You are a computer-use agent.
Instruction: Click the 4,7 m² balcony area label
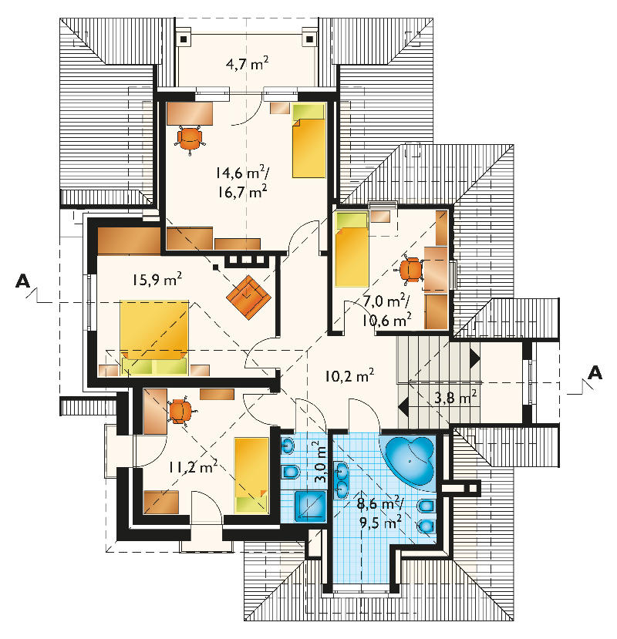pos(247,63)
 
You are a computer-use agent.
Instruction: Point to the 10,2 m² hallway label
pos(349,375)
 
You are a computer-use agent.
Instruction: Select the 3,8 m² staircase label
pos(456,396)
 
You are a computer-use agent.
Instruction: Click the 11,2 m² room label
pos(193,466)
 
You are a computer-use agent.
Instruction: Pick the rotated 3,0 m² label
pos(320,462)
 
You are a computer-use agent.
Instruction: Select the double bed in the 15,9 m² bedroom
pos(154,338)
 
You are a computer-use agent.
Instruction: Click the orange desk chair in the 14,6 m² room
pos(190,139)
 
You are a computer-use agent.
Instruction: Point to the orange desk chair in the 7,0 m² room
pos(410,269)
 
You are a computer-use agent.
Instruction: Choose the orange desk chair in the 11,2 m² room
pos(180,410)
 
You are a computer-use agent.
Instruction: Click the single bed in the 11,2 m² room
pos(251,475)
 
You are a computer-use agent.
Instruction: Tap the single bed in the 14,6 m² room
pos(308,140)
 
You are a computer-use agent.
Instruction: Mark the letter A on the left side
pos(22,281)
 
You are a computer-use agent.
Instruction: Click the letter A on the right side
pos(595,372)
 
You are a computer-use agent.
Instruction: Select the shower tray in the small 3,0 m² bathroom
pos(310,506)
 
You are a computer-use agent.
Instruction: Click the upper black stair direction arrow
pos(474,358)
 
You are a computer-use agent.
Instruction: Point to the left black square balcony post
pos(184,39)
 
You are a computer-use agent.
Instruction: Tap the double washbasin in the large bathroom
pos(342,480)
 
